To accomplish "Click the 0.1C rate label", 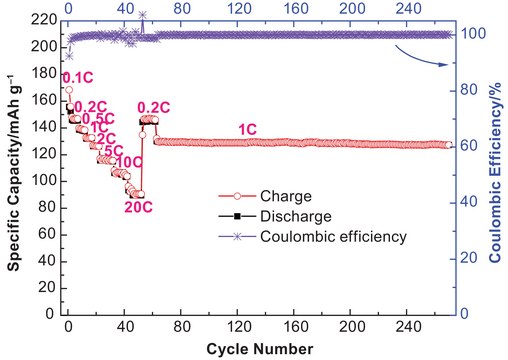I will [78, 77].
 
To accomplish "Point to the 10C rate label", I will [128, 162].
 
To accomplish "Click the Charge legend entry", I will [276, 196].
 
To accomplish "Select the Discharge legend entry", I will [285, 216].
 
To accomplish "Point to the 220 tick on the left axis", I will [41, 19].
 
